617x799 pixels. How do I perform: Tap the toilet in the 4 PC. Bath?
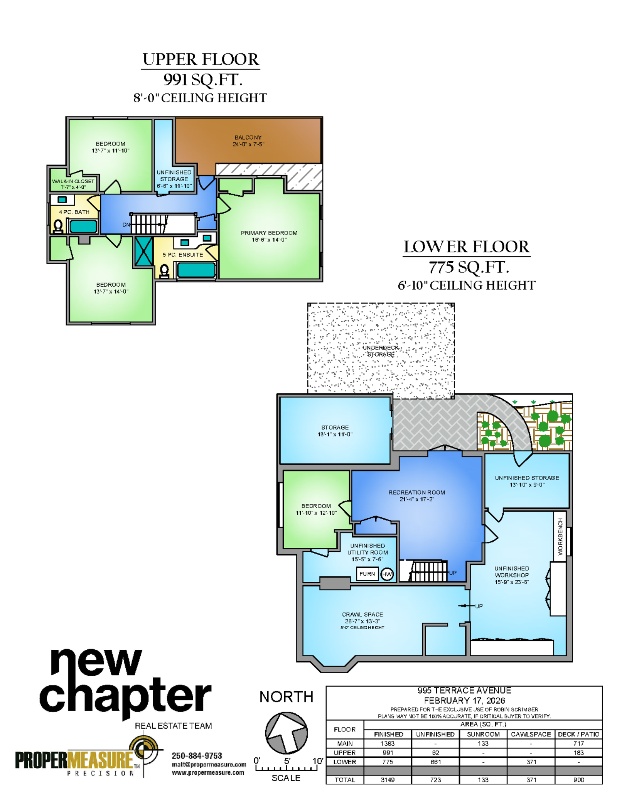click(x=58, y=226)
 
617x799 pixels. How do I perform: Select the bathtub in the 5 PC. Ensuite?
click(x=196, y=270)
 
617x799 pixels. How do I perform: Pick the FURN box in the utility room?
click(x=367, y=574)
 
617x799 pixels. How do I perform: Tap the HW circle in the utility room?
click(x=387, y=574)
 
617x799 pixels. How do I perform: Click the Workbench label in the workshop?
click(x=560, y=536)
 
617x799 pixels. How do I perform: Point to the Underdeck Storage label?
click(x=381, y=351)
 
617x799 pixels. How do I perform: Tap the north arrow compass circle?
click(x=286, y=733)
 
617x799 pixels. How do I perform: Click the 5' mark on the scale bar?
click(x=287, y=761)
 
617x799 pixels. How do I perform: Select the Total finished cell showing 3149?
click(x=388, y=780)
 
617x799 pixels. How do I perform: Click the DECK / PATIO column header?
click(x=578, y=734)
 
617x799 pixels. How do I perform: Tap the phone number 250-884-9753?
click(x=197, y=755)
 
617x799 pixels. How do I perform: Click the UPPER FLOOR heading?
click(x=201, y=59)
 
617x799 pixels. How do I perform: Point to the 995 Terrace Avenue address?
click(x=464, y=690)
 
